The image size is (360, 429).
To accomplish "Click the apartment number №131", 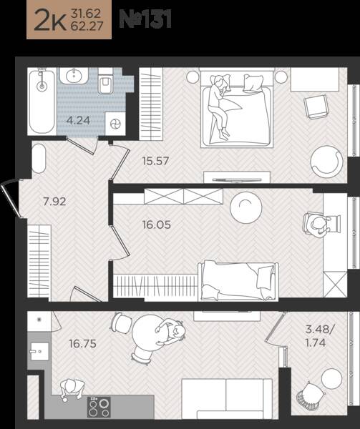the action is (x=145, y=19).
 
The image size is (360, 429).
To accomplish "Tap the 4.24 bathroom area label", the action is (x=78, y=120).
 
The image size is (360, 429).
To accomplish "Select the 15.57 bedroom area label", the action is (x=155, y=161).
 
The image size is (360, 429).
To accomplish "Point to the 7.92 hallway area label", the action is (x=55, y=202).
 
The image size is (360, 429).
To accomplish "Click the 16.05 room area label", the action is (x=157, y=225).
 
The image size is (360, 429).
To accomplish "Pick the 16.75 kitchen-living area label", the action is (x=83, y=344).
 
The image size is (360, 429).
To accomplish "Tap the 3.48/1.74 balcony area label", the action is (x=319, y=336).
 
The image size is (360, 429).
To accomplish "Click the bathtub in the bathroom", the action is (x=42, y=102).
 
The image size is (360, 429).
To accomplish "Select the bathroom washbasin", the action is (x=74, y=75).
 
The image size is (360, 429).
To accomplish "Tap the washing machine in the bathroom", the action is (x=115, y=124).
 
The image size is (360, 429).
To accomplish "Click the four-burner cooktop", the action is (x=99, y=408).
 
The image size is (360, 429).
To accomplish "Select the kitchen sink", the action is (x=39, y=352).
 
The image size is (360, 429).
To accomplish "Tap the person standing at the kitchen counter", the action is (x=72, y=389).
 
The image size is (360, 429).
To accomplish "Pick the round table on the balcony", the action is (x=332, y=379).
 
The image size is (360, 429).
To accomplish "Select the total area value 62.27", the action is (x=87, y=26).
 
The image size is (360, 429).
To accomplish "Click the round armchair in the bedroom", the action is (x=326, y=162).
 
